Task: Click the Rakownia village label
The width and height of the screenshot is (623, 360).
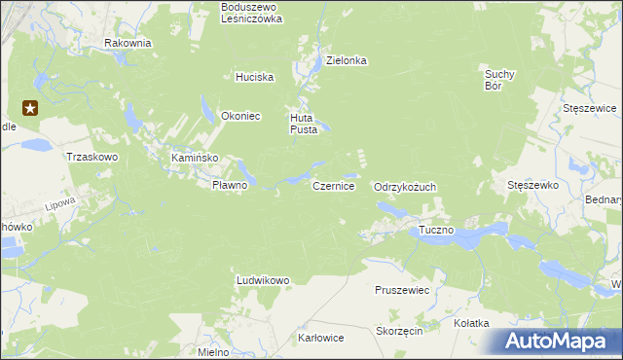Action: click(128, 43)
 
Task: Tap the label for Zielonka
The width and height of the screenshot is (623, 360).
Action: click(347, 60)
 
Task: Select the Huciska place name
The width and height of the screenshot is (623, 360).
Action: click(255, 77)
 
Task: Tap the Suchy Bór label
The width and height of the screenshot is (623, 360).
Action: click(499, 79)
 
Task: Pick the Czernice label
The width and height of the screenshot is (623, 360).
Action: click(333, 185)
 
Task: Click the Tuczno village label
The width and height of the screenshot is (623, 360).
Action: click(437, 231)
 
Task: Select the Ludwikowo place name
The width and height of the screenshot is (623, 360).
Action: click(263, 281)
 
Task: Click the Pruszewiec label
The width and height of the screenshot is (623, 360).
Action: click(402, 290)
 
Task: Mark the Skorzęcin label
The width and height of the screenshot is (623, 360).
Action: click(398, 332)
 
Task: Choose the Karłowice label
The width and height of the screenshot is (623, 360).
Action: click(321, 339)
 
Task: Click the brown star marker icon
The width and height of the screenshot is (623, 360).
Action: click(30, 109)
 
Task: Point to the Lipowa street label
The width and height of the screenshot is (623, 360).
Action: click(60, 206)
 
